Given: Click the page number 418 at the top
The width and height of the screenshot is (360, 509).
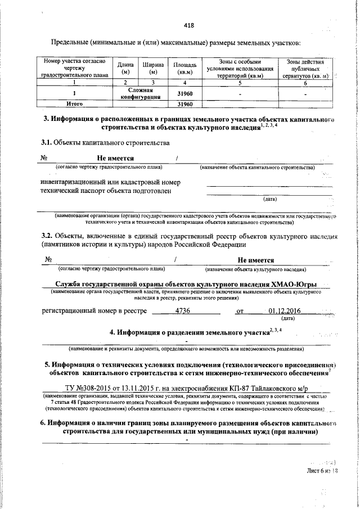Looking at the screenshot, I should click(x=189, y=25).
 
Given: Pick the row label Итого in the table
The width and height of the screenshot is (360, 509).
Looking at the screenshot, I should click(x=75, y=104).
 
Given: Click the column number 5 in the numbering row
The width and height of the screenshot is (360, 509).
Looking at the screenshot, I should click(x=239, y=83).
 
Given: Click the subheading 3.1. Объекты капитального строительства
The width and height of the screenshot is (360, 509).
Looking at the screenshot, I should click(x=105, y=143).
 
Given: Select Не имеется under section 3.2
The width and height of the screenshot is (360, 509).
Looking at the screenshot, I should click(x=255, y=260).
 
